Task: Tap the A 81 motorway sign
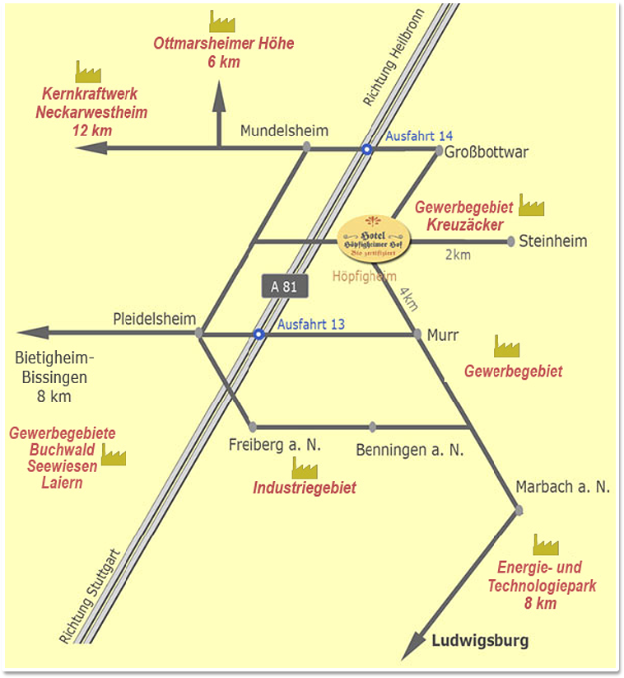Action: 284,287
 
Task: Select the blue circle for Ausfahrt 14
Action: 367,149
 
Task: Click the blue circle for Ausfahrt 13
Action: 258,334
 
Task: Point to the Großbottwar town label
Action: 487,152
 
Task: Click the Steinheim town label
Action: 553,241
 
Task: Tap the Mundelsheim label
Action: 284,131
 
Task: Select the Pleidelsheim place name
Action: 155,319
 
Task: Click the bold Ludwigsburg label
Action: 480,640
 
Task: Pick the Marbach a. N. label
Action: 563,487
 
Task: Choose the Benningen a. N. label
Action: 410,450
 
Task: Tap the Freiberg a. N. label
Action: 274,446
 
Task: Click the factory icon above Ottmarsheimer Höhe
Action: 222,21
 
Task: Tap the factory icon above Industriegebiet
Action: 305,468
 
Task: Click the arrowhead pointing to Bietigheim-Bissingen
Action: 31,333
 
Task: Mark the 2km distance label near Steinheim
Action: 458,255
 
